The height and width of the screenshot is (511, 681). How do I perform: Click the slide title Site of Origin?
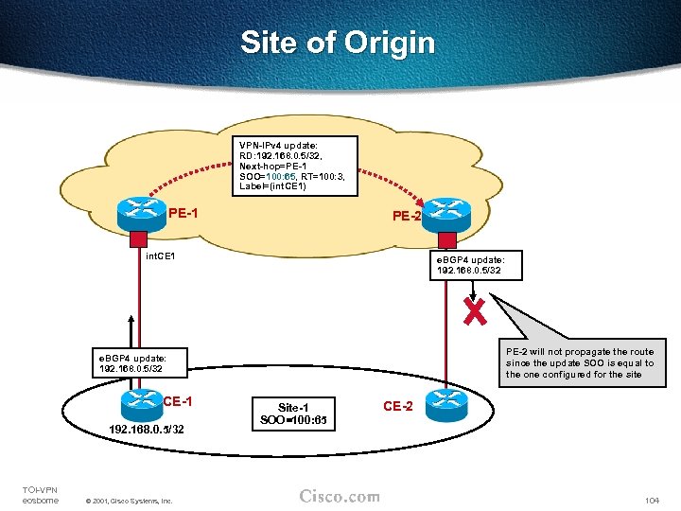coord(338,43)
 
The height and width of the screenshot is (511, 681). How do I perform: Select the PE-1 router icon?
coord(142,214)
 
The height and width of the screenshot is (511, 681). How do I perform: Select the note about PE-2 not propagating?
coord(579,362)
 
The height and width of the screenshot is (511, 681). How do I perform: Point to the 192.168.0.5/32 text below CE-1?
coord(146,430)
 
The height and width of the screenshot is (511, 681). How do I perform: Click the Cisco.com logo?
coord(340,496)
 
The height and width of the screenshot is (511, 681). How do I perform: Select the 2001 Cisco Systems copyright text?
coord(128,500)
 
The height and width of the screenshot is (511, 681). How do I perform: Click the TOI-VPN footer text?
coord(40,494)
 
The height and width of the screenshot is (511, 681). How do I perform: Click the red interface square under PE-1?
coord(138,238)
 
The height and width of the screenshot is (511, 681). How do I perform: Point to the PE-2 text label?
coord(407,216)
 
